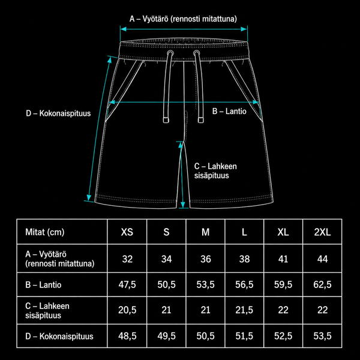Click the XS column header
tap(127, 232)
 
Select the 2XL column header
tap(322, 232)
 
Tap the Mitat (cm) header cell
tap(45, 232)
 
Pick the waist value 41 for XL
tap(283, 259)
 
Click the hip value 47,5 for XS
tap(127, 284)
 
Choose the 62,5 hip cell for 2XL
tap(322, 284)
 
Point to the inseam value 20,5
tap(127, 310)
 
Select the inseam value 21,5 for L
tap(244, 310)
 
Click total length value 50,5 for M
tap(205, 336)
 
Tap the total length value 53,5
tap(322, 336)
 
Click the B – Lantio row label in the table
tap(43, 284)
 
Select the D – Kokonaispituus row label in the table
tap(59, 337)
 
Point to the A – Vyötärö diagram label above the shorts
tap(183, 19)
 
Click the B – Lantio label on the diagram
tap(229, 112)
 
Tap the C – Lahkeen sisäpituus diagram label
tap(215, 171)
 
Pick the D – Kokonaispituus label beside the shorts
tap(58, 113)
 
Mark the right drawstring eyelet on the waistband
tap(196, 53)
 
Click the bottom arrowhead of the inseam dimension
tap(183, 205)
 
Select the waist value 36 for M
tap(205, 259)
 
